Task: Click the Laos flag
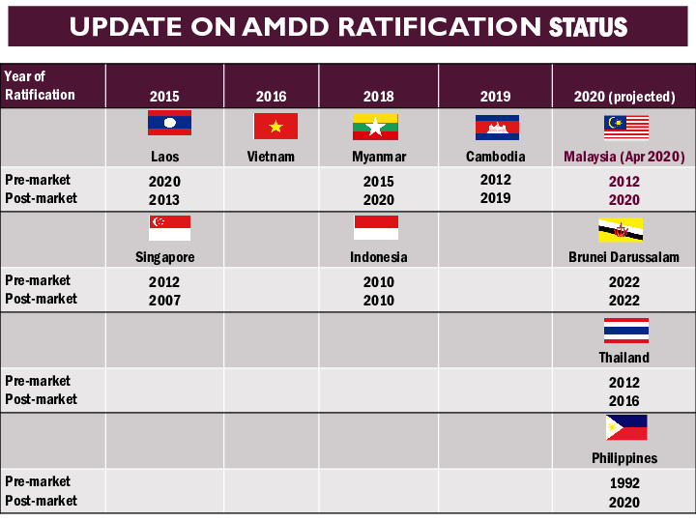pos(169,123)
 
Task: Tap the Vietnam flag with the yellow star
pos(275,126)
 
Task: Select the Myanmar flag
pos(375,127)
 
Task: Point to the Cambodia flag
pos(497,128)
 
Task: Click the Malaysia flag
pos(626,128)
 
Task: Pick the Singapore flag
pos(169,228)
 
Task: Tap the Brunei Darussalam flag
pos(621,230)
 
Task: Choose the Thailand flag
pos(626,331)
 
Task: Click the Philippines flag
pos(625,428)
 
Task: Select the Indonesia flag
pos(376,228)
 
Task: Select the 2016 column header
pos(271,97)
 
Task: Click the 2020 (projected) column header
pos(623,97)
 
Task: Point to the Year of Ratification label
pos(40,86)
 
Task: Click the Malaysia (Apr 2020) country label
pos(623,157)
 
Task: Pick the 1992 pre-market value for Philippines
pos(623,483)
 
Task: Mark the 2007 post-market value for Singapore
pos(164,301)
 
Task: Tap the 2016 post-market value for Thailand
pos(623,401)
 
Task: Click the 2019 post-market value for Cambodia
pos(496,198)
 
